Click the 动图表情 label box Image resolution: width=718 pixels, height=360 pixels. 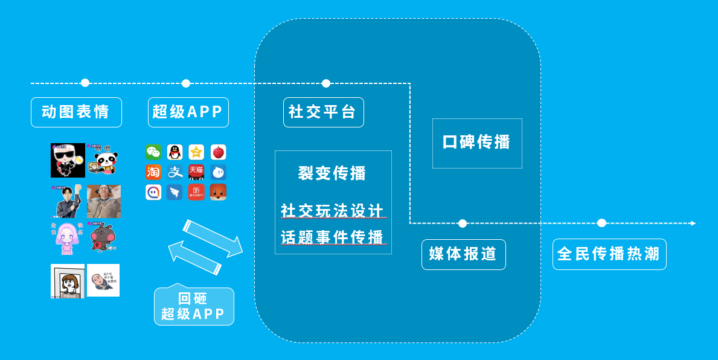[x=76, y=112]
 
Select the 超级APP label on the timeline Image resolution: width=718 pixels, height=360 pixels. [x=188, y=112]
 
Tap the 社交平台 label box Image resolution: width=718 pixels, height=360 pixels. [x=323, y=112]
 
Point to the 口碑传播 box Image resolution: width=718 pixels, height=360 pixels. [x=477, y=143]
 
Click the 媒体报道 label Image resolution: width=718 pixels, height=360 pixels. [x=463, y=254]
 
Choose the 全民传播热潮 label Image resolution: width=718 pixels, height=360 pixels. [x=609, y=254]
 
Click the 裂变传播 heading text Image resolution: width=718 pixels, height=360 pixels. [x=332, y=173]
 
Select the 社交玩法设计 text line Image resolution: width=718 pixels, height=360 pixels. [x=332, y=211]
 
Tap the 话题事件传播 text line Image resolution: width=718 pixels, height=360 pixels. [x=332, y=237]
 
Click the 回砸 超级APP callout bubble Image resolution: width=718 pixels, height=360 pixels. [x=193, y=307]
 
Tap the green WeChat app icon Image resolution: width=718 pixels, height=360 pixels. [x=153, y=152]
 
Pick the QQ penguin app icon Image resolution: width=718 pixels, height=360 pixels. [x=175, y=152]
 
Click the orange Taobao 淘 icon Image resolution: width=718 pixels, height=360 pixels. [x=153, y=172]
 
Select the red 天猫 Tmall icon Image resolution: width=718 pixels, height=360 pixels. [x=196, y=172]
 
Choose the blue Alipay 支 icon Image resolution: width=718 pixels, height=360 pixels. [x=175, y=172]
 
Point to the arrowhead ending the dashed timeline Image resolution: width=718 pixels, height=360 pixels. [x=693, y=223]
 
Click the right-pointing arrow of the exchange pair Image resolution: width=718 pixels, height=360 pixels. [x=213, y=237]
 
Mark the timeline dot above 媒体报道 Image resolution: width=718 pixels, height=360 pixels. [x=463, y=223]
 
